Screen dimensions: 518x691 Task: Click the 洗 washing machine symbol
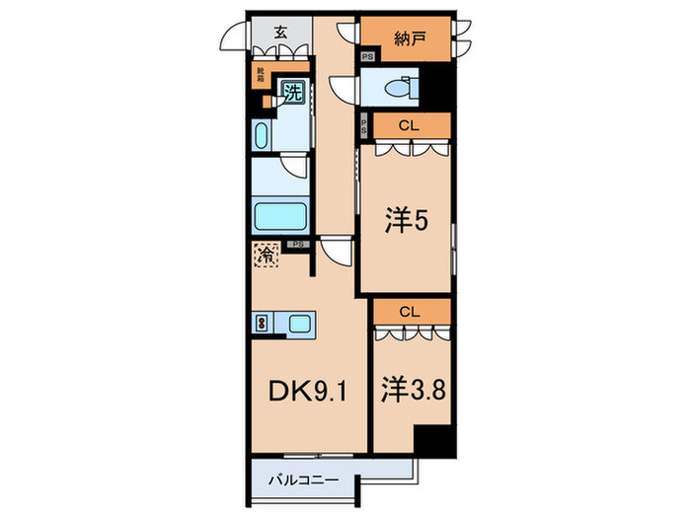point(293,93)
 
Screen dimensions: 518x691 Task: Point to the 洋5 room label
point(405,221)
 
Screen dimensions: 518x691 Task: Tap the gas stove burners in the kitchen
point(262,322)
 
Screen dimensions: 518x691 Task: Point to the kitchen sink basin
point(300,322)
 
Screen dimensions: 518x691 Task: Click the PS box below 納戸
point(366,58)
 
